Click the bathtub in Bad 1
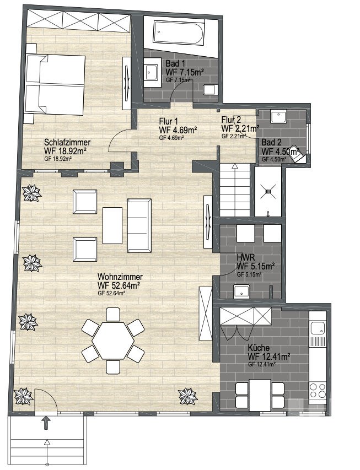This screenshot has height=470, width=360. (x=179, y=33)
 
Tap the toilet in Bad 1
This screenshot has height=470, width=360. (x=210, y=90)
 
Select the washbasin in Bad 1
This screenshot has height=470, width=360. (x=151, y=72)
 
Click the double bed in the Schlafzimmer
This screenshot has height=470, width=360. (x=55, y=85)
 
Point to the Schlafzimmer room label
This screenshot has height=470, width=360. (x=67, y=142)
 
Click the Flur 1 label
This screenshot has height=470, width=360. (x=168, y=121)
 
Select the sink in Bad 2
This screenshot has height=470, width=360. (x=279, y=117)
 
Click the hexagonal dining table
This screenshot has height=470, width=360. (x=113, y=341)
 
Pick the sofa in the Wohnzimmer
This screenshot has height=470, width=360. (x=139, y=225)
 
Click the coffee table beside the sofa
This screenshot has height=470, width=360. (x=112, y=226)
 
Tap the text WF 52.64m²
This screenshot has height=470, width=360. (x=119, y=285)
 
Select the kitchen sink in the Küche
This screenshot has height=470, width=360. (x=318, y=328)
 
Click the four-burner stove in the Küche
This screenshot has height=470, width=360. (x=318, y=390)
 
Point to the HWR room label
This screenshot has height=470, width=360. (x=246, y=257)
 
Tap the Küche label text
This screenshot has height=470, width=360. (x=259, y=348)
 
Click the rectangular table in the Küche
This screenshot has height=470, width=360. (x=260, y=395)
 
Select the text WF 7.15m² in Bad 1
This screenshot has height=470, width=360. (x=185, y=72)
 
